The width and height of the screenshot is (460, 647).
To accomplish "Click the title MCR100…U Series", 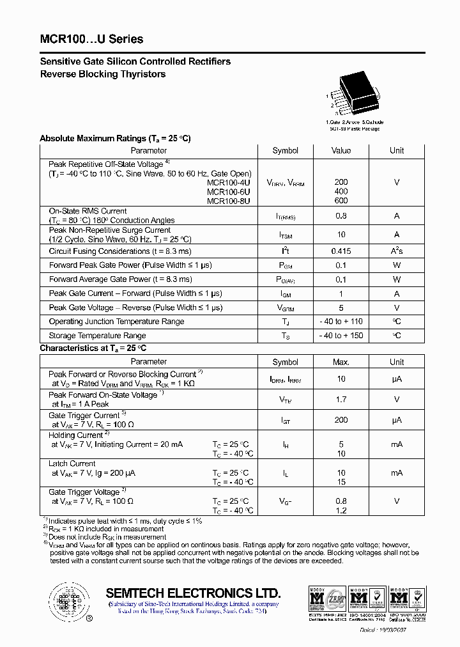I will click(x=91, y=40).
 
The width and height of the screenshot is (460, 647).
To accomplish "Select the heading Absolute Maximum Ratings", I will click(x=115, y=138).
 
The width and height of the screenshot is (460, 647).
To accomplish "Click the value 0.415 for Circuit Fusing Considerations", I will click(x=341, y=251).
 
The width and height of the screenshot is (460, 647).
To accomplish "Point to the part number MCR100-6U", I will click(x=229, y=191).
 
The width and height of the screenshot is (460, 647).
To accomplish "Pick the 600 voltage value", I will click(x=341, y=201).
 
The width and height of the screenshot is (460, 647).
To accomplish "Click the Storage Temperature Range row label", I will click(x=97, y=336).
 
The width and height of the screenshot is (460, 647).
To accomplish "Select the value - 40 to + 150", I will click(x=341, y=336).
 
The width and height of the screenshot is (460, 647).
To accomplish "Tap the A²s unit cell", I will click(x=397, y=251).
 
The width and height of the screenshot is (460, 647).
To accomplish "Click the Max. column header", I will click(x=341, y=362).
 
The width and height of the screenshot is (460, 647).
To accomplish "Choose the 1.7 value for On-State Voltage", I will click(x=341, y=400).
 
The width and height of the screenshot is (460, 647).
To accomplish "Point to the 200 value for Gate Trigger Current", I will click(x=341, y=420).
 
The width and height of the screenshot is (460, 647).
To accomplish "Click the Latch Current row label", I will click(x=72, y=464).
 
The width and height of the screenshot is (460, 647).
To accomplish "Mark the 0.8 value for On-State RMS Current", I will click(x=341, y=216).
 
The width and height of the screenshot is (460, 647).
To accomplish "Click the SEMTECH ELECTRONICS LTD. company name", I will click(x=193, y=593).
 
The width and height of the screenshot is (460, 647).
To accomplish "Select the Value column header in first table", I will click(x=341, y=150).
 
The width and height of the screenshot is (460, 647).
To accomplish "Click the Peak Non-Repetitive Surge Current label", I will click(x=110, y=230).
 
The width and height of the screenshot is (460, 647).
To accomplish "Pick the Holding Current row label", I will click(x=75, y=435).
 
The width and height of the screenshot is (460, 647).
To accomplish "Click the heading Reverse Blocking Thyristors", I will click(x=103, y=74).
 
